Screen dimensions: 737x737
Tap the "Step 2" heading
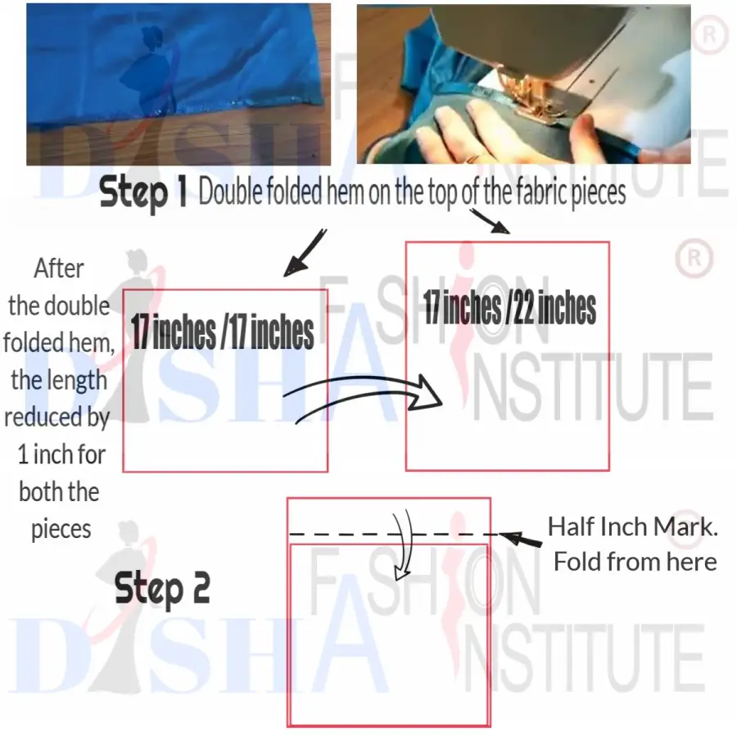[x=162, y=588]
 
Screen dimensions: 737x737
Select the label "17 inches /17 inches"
[x=222, y=332]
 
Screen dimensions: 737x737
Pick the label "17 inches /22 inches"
[x=509, y=307]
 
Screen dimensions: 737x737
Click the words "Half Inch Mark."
[x=633, y=527]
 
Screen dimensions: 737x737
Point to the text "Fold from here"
[x=635, y=562]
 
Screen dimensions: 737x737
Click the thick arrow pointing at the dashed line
[x=520, y=539]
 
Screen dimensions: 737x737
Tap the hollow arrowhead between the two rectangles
[x=425, y=392]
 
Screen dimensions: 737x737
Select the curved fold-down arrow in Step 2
[x=402, y=545]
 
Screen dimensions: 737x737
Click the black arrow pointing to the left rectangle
[x=305, y=253]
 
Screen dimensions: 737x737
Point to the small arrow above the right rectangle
[x=490, y=221]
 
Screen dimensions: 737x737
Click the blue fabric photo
[x=179, y=84]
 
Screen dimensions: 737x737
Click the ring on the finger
[x=471, y=158]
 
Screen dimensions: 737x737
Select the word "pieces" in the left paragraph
[x=61, y=529]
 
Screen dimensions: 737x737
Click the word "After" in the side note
[x=59, y=269]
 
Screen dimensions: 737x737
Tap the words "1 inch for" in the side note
[x=61, y=454]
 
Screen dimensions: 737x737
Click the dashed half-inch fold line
[x=394, y=535]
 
